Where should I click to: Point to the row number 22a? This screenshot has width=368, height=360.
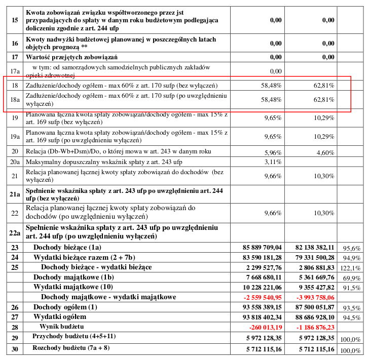(x=15, y=232)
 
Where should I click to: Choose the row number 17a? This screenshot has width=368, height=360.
(x=15, y=71)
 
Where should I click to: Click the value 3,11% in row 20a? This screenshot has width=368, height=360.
(x=273, y=162)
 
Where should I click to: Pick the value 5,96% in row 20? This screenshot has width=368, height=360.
(x=273, y=151)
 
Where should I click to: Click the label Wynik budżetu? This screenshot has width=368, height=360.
(x=61, y=327)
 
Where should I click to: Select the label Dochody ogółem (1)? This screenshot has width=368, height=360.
(x=65, y=307)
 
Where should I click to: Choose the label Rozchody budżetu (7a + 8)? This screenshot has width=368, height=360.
(x=71, y=348)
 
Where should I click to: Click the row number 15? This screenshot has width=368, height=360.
(x=15, y=20)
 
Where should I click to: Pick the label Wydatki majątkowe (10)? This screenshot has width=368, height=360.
(x=73, y=287)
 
